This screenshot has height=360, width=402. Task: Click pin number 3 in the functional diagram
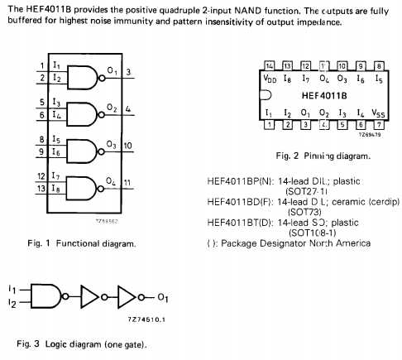128,73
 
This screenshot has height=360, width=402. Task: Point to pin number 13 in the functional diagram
41,189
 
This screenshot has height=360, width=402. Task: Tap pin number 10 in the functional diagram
128,146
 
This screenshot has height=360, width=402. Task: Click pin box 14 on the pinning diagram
269,65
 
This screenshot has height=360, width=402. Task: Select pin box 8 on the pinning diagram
378,65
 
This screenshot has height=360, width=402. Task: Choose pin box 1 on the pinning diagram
269,125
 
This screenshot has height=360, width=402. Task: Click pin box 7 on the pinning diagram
378,125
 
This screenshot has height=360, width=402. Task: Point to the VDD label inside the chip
270,79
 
